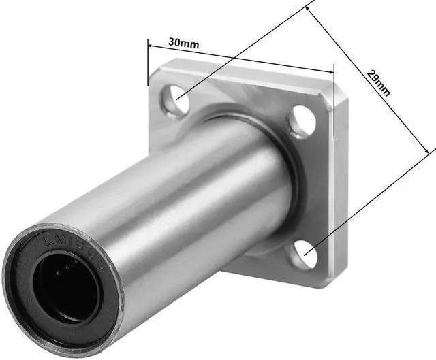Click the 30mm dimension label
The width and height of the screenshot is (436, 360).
tap(183, 43)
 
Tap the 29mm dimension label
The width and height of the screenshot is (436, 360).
tap(378, 82)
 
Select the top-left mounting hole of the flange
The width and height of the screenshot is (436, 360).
tap(174, 101)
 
